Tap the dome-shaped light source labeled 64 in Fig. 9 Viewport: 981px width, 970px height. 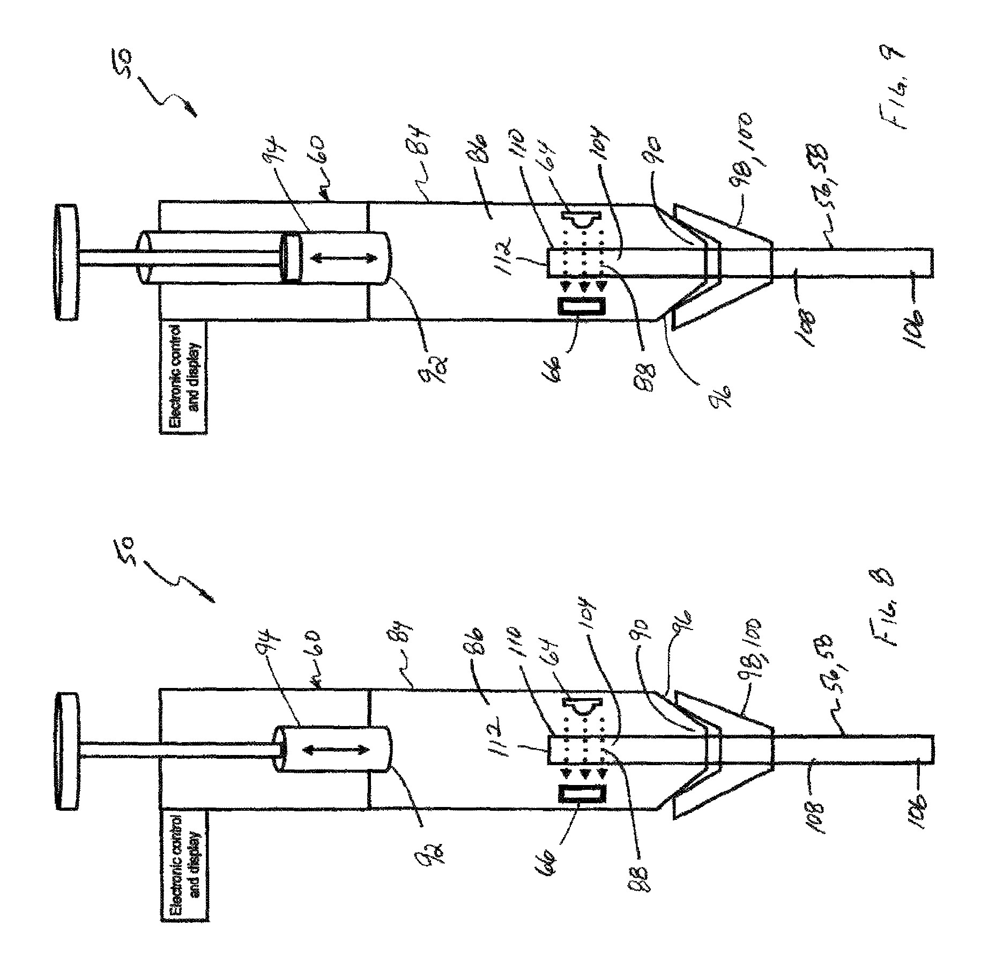point(584,221)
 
